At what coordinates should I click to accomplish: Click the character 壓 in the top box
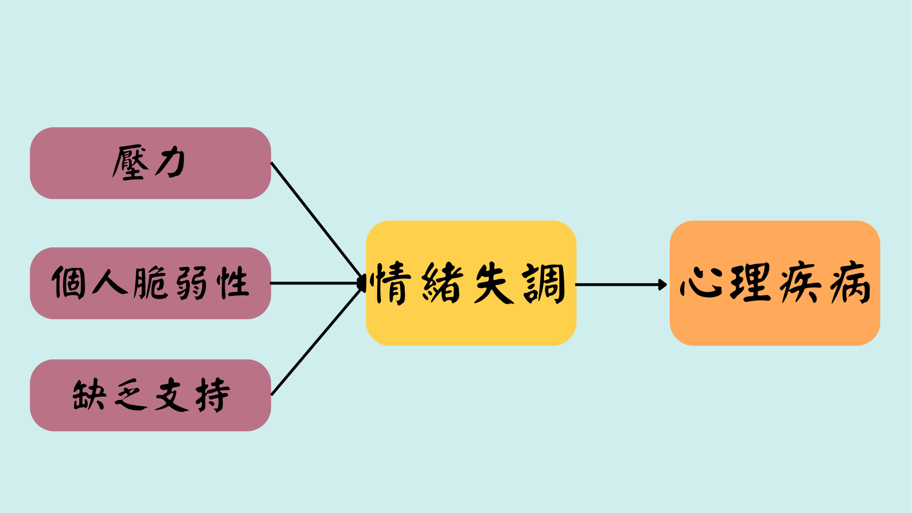point(129,163)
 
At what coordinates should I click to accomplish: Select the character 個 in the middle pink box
point(69,283)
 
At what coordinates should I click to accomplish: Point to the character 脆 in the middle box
point(150,283)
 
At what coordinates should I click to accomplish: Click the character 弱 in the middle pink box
point(191,283)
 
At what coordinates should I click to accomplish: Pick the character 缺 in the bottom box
point(89,395)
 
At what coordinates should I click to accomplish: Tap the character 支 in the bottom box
point(171,395)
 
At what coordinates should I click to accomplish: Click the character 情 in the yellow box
point(393,283)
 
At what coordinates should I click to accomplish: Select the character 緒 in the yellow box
point(443,283)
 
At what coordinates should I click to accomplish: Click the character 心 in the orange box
point(701,283)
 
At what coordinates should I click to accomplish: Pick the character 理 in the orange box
point(750,283)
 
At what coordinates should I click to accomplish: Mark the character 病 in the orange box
point(850,283)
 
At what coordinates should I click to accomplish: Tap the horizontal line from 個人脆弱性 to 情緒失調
point(313,283)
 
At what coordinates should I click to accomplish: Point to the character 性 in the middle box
point(233,283)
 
